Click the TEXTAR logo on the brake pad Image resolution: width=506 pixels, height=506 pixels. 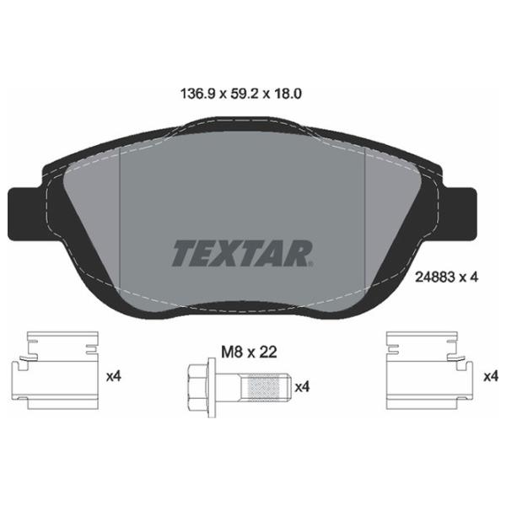tap(243, 251)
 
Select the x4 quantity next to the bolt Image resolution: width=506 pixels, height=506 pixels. tap(302, 388)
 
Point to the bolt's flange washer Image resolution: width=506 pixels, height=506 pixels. tap(215, 388)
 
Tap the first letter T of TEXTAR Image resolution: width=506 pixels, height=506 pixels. tap(183, 251)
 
